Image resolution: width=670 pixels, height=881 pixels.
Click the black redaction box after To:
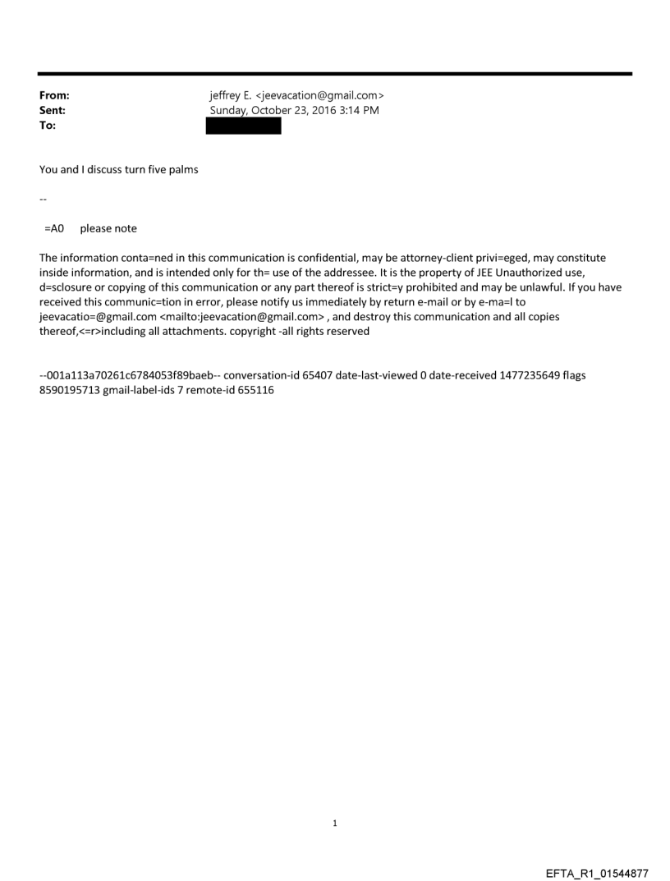[243, 126]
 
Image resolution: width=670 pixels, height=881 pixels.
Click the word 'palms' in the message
[182, 170]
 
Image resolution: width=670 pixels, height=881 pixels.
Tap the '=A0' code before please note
[54, 229]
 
